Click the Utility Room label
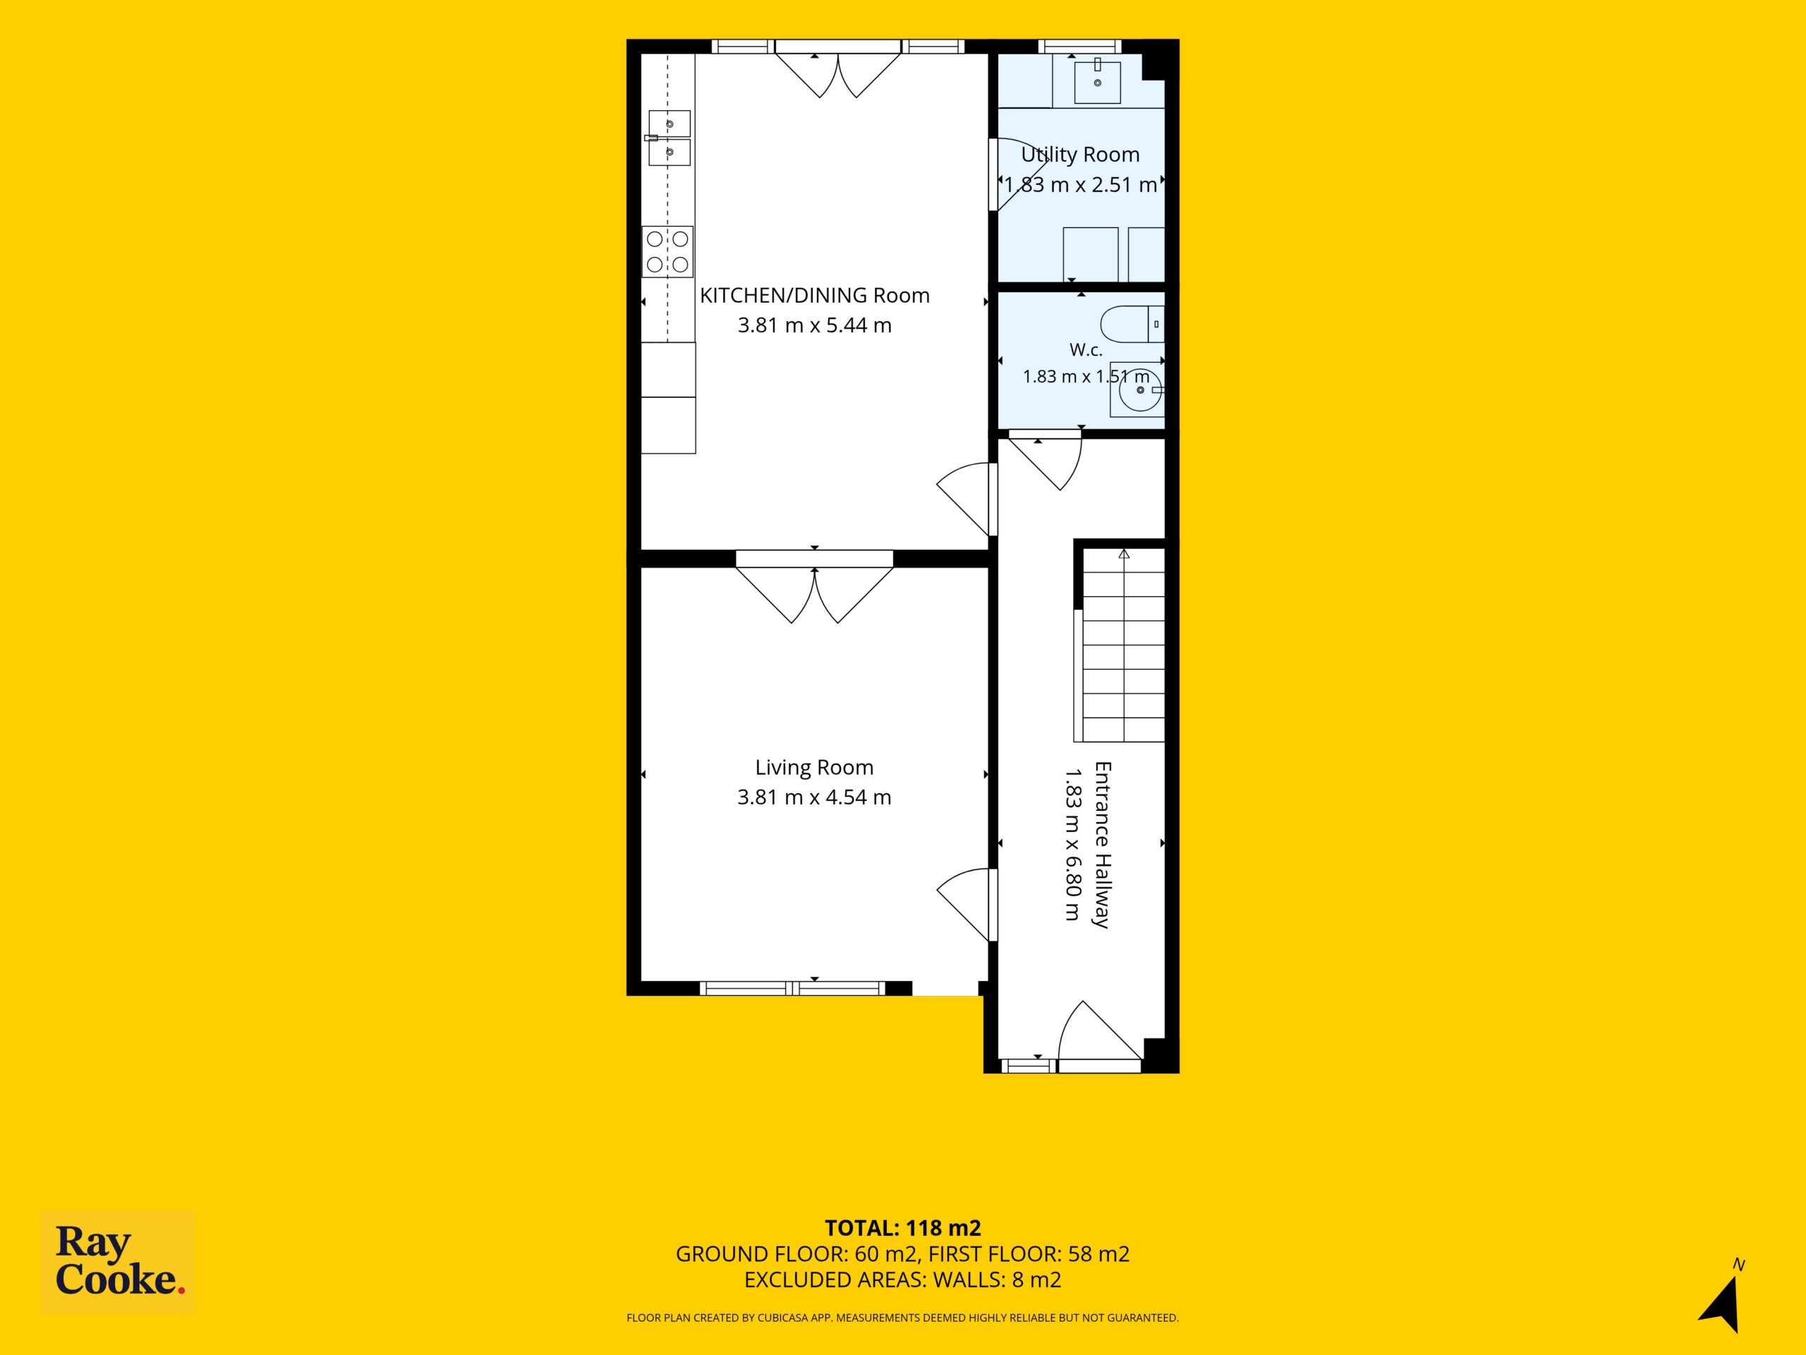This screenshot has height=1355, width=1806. (x=1079, y=155)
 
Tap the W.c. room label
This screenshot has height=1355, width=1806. (x=1086, y=349)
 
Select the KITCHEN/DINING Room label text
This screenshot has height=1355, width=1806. (x=814, y=295)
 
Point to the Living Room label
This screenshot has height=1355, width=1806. (x=814, y=767)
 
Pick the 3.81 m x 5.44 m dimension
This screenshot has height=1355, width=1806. (x=814, y=325)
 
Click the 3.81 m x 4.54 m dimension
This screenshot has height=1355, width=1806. (x=814, y=797)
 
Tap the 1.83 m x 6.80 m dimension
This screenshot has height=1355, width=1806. (x=1072, y=845)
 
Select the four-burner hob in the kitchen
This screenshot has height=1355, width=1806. (x=667, y=251)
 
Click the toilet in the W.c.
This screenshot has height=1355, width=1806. (x=1132, y=324)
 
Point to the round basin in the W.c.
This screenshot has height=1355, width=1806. (x=1137, y=390)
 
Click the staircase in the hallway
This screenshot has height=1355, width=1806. (x=1120, y=644)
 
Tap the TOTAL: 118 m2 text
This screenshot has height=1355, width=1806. (x=902, y=1227)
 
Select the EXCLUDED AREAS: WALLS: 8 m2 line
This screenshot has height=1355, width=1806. (x=902, y=1280)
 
